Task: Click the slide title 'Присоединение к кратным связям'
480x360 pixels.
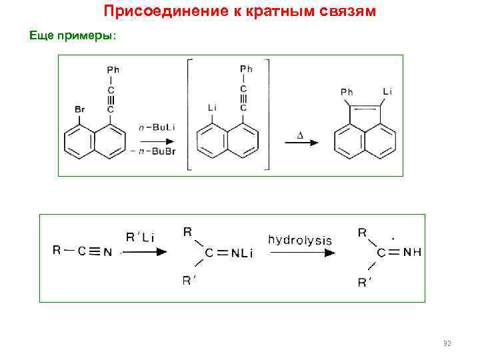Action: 241,12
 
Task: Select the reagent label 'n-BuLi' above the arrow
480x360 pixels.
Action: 157,127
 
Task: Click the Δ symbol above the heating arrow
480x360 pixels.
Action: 299,136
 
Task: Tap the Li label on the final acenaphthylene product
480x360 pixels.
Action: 387,91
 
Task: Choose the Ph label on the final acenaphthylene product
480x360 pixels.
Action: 347,91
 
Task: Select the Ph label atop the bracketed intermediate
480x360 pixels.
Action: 246,69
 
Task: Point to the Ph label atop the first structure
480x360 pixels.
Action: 113,69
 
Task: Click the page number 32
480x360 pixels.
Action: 447,343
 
